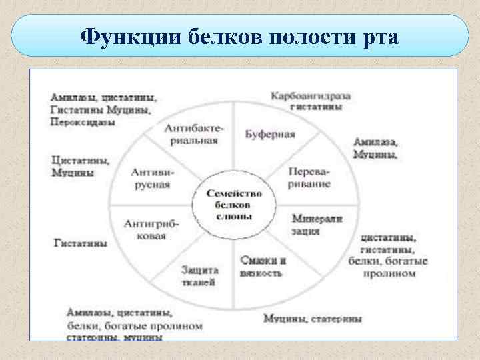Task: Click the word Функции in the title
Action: tap(118, 35)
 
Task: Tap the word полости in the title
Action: tap(296, 35)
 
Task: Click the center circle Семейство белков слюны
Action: tap(234, 205)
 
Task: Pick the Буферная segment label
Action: tap(270, 133)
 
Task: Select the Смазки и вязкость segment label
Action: tap(265, 267)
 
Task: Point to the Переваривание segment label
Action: tap(309, 177)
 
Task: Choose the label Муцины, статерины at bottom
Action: tap(313, 319)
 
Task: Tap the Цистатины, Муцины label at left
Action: tap(81, 167)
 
